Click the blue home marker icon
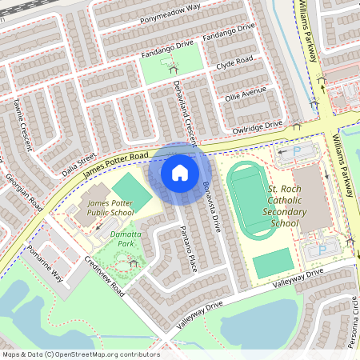click(x=180, y=172)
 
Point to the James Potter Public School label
click(x=110, y=210)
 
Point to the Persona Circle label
click(x=353, y=319)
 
